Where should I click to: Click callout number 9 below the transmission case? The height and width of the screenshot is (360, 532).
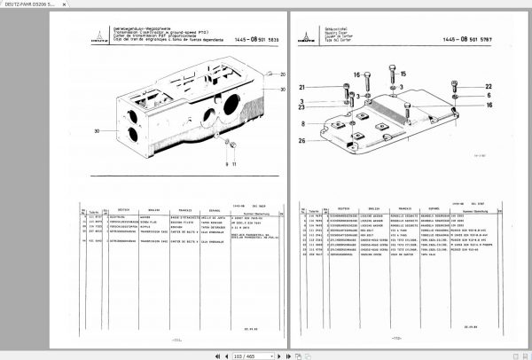[228, 164]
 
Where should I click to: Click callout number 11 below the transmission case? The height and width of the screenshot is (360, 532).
[234, 164]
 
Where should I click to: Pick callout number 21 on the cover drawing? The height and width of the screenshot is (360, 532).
[327, 87]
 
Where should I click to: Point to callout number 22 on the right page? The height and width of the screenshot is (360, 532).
[489, 86]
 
